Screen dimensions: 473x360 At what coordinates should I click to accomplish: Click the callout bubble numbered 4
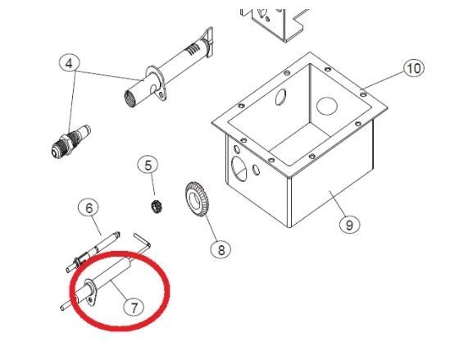click(x=69, y=63)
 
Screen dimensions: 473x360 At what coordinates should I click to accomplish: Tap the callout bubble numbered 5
click(x=148, y=166)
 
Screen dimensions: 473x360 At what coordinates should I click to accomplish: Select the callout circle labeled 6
click(x=89, y=208)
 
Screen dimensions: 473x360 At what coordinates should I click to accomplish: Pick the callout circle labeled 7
click(x=134, y=308)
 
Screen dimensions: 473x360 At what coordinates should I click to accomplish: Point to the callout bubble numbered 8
click(x=221, y=249)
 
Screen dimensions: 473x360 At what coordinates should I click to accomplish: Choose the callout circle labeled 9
click(x=349, y=225)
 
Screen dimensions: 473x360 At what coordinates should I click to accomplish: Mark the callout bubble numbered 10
click(x=413, y=68)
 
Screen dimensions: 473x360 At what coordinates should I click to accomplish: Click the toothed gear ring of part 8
click(x=197, y=199)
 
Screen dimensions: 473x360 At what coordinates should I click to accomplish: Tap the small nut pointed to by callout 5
click(x=157, y=207)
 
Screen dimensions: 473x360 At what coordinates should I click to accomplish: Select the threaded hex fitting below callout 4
click(x=70, y=140)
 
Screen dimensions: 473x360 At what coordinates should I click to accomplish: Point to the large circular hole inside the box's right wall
click(x=326, y=105)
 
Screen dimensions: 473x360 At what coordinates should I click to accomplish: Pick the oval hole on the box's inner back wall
click(x=280, y=97)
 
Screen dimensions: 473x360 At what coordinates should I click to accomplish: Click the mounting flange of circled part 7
click(x=89, y=293)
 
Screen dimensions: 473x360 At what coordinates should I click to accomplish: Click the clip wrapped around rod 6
click(x=80, y=259)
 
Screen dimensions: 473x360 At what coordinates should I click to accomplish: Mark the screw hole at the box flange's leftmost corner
click(x=241, y=106)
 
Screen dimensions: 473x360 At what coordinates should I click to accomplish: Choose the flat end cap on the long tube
click(x=209, y=42)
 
